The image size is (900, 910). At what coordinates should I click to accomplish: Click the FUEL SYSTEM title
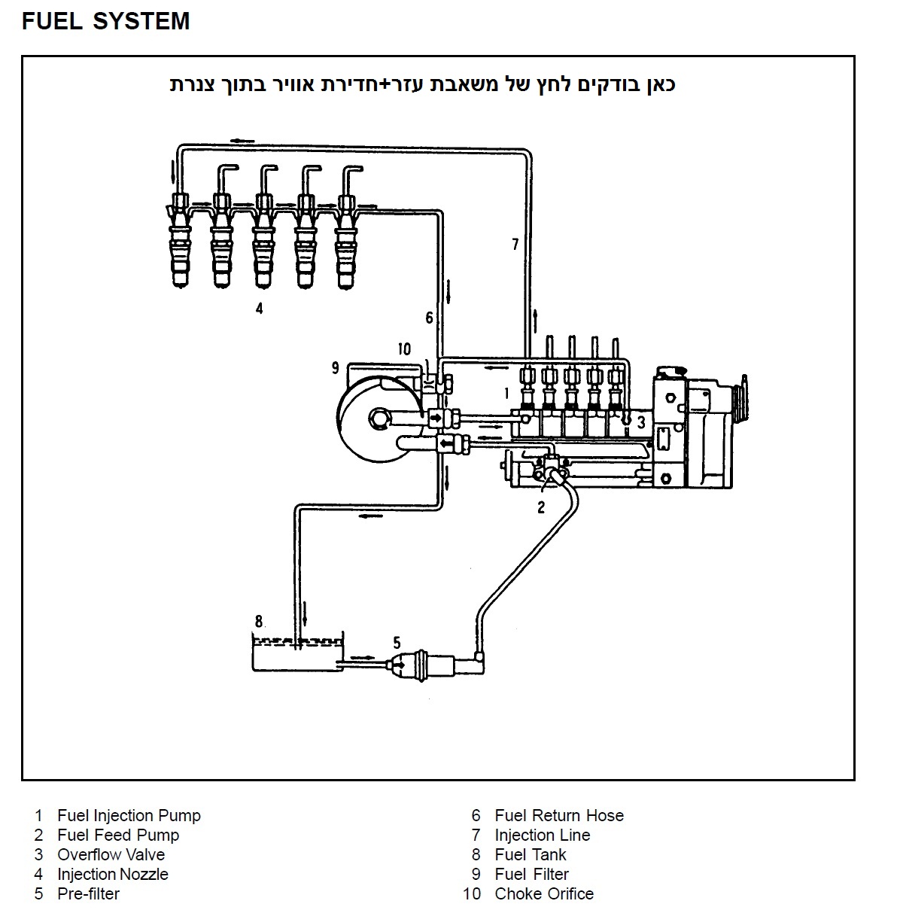tap(105, 21)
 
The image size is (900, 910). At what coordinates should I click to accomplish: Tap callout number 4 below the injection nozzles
tap(259, 308)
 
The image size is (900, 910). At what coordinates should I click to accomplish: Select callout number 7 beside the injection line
tap(515, 244)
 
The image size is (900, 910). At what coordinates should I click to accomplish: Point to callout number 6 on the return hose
tap(429, 318)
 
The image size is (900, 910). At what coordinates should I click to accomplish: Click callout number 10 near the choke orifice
tap(404, 349)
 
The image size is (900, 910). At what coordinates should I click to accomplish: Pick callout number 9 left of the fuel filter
tap(336, 368)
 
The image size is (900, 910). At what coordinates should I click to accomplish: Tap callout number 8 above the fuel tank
tap(259, 622)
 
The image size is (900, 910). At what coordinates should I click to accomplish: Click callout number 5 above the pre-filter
tap(397, 642)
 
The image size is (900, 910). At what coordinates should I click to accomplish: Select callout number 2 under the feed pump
tap(540, 507)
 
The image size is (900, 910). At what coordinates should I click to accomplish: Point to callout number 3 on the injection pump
tap(641, 422)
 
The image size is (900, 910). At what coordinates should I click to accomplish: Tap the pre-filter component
tap(425, 664)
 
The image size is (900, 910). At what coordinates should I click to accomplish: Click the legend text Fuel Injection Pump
tap(129, 815)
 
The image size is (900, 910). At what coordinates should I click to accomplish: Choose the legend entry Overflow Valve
tap(111, 854)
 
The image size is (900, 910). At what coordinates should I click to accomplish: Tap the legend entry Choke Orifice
tap(543, 893)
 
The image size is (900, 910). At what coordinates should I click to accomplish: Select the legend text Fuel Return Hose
tap(558, 815)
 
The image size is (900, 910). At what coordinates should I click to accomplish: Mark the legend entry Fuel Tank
tap(530, 854)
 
